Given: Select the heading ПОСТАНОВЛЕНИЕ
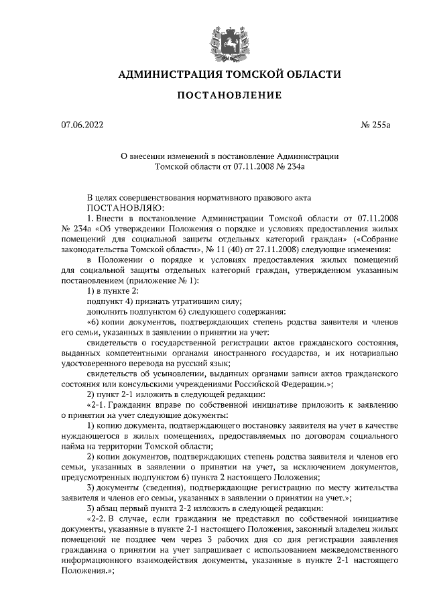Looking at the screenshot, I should point(229,97).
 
